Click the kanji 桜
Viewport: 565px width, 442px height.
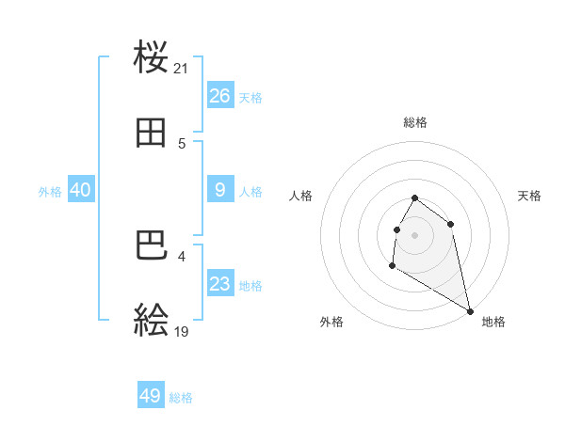pyautogui.click(x=152, y=58)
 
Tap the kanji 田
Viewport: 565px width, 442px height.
pyautogui.click(x=152, y=134)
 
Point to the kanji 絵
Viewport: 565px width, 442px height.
pyautogui.click(x=152, y=322)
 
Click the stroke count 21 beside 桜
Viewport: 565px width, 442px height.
pyautogui.click(x=182, y=69)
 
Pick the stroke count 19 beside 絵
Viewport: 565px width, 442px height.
pyautogui.click(x=182, y=332)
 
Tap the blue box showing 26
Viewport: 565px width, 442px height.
pyautogui.click(x=220, y=96)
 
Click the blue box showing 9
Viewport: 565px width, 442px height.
pyautogui.click(x=220, y=190)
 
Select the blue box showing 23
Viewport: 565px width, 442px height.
pyautogui.click(x=220, y=284)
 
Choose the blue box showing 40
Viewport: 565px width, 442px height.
pyautogui.click(x=81, y=190)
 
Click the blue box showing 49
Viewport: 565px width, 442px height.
pyautogui.click(x=151, y=396)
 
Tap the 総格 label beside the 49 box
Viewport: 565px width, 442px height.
pyautogui.click(x=181, y=398)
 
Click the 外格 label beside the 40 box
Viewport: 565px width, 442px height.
pyautogui.click(x=50, y=192)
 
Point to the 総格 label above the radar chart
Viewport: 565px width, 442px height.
pyautogui.click(x=415, y=122)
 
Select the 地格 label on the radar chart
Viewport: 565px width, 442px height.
pyautogui.click(x=493, y=323)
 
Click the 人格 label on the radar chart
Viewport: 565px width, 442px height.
pyautogui.click(x=301, y=196)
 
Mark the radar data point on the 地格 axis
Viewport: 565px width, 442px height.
pyautogui.click(x=471, y=311)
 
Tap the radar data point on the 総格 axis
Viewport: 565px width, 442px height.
pyautogui.click(x=415, y=197)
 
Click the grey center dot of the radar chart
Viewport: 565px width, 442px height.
pyautogui.click(x=415, y=234)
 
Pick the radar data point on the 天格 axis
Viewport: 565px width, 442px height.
pyautogui.click(x=451, y=224)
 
